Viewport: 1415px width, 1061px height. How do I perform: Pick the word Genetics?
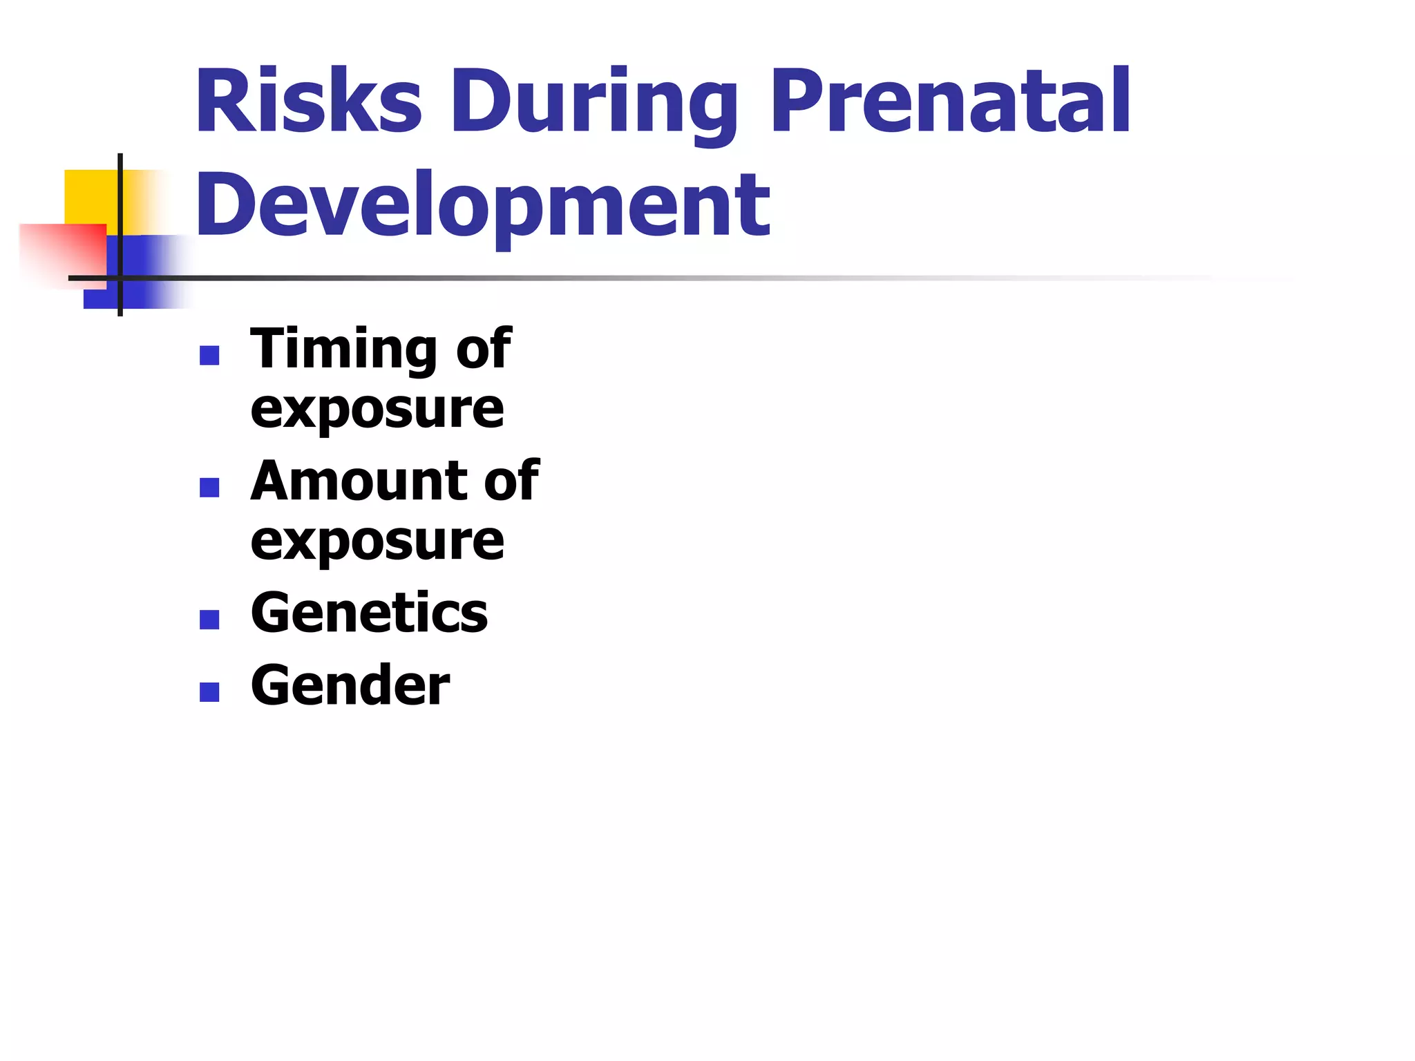tap(369, 613)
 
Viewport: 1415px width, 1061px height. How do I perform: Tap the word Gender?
tap(350, 686)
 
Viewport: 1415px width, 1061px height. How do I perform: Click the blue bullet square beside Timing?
tap(209, 356)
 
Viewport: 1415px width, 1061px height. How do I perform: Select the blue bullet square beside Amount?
tap(209, 488)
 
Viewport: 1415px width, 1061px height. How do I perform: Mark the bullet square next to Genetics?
tap(209, 620)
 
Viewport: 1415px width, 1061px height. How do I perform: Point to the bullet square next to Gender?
tap(209, 692)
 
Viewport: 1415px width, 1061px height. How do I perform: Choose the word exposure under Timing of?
tap(377, 410)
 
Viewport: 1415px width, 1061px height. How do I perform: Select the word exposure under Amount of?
tap(377, 542)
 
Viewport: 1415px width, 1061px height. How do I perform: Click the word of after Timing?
tap(484, 349)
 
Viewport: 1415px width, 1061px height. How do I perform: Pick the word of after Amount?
tap(511, 481)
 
